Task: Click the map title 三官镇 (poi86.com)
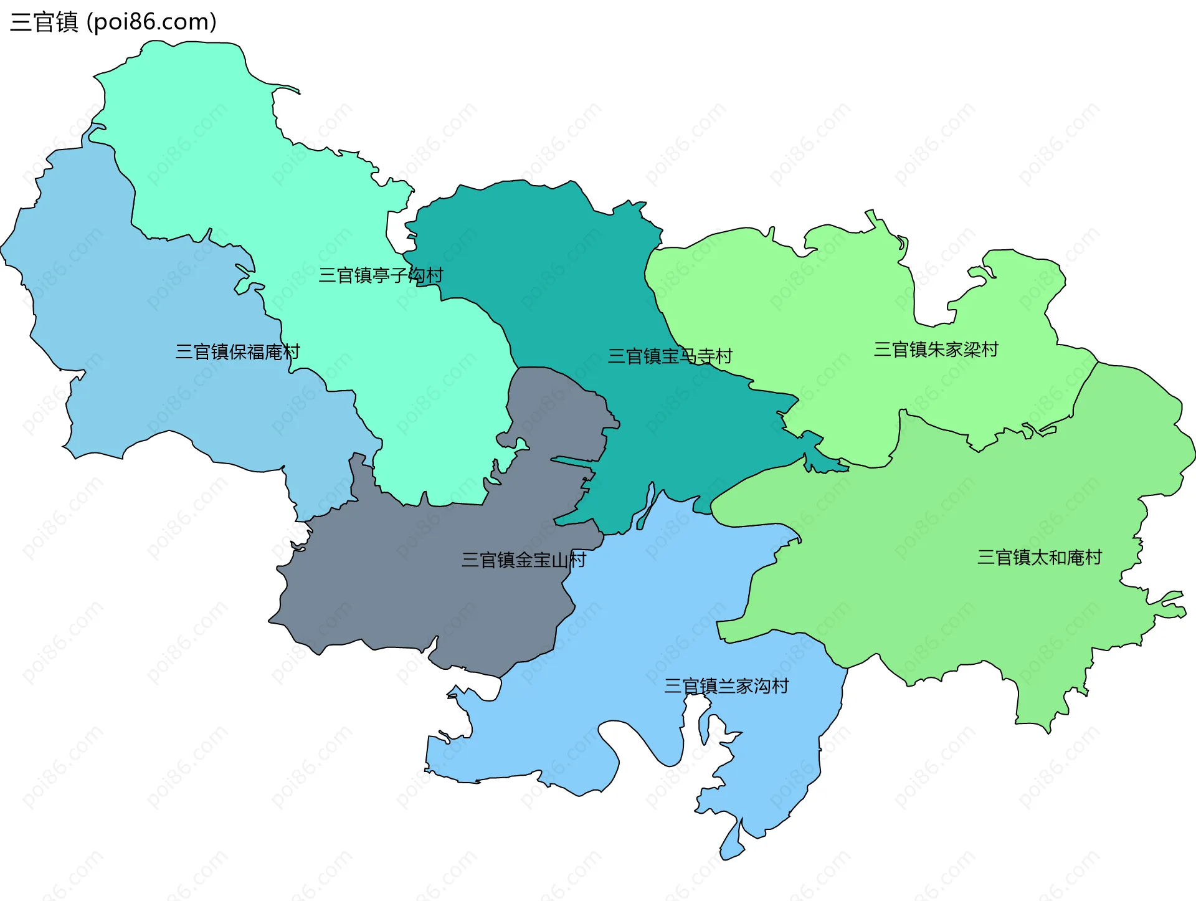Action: coord(113,22)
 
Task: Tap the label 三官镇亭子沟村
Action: coord(381,275)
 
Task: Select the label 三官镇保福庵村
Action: coord(237,352)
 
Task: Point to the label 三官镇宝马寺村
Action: coord(670,356)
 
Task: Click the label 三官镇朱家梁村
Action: coord(936,350)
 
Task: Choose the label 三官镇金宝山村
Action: coord(523,560)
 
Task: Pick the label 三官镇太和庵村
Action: coord(1039,557)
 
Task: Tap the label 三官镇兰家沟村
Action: coord(726,686)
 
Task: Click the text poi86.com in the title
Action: coord(151,22)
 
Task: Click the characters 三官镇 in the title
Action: coord(44,22)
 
